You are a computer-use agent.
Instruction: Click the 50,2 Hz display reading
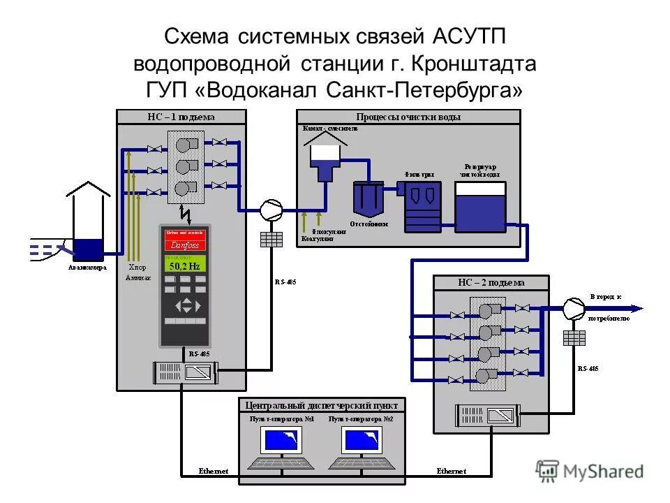coord(185,266)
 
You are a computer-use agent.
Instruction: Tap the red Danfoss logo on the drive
coord(185,245)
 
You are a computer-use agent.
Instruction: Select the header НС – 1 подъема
coord(181,117)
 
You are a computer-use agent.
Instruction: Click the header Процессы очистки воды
coord(408,117)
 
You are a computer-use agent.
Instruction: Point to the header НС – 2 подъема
coord(491,283)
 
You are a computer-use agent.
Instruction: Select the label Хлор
coord(137,267)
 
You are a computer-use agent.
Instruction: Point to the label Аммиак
coord(137,277)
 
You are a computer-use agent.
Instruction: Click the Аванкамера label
coord(87,267)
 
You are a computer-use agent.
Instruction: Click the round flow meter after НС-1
coord(271,208)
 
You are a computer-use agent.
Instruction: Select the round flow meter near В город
coord(574,308)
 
